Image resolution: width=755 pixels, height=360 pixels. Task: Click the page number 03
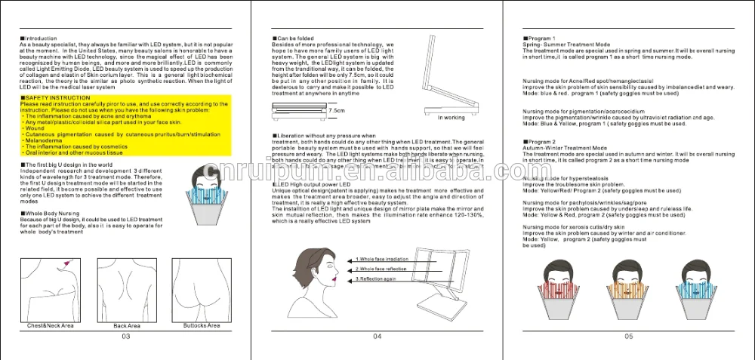click(x=126, y=337)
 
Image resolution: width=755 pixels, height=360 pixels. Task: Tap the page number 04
click(x=377, y=337)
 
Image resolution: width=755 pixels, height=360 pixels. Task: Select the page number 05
click(x=629, y=337)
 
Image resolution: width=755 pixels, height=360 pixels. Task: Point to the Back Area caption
click(x=126, y=325)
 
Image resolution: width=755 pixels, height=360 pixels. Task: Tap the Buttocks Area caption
click(x=201, y=325)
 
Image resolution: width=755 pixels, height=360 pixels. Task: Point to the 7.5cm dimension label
click(x=337, y=110)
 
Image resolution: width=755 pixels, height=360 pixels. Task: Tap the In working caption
click(x=451, y=117)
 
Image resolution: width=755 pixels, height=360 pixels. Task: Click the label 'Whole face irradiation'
click(x=384, y=259)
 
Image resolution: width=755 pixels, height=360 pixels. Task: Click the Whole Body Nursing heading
click(x=53, y=214)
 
